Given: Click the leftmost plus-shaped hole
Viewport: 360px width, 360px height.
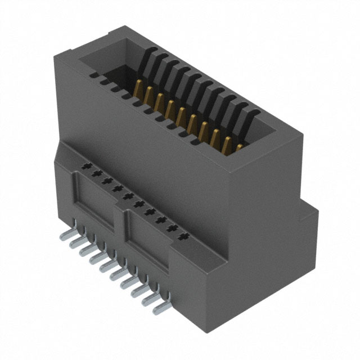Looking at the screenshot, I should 85,167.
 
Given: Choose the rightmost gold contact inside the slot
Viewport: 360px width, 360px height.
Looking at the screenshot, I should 240,148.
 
